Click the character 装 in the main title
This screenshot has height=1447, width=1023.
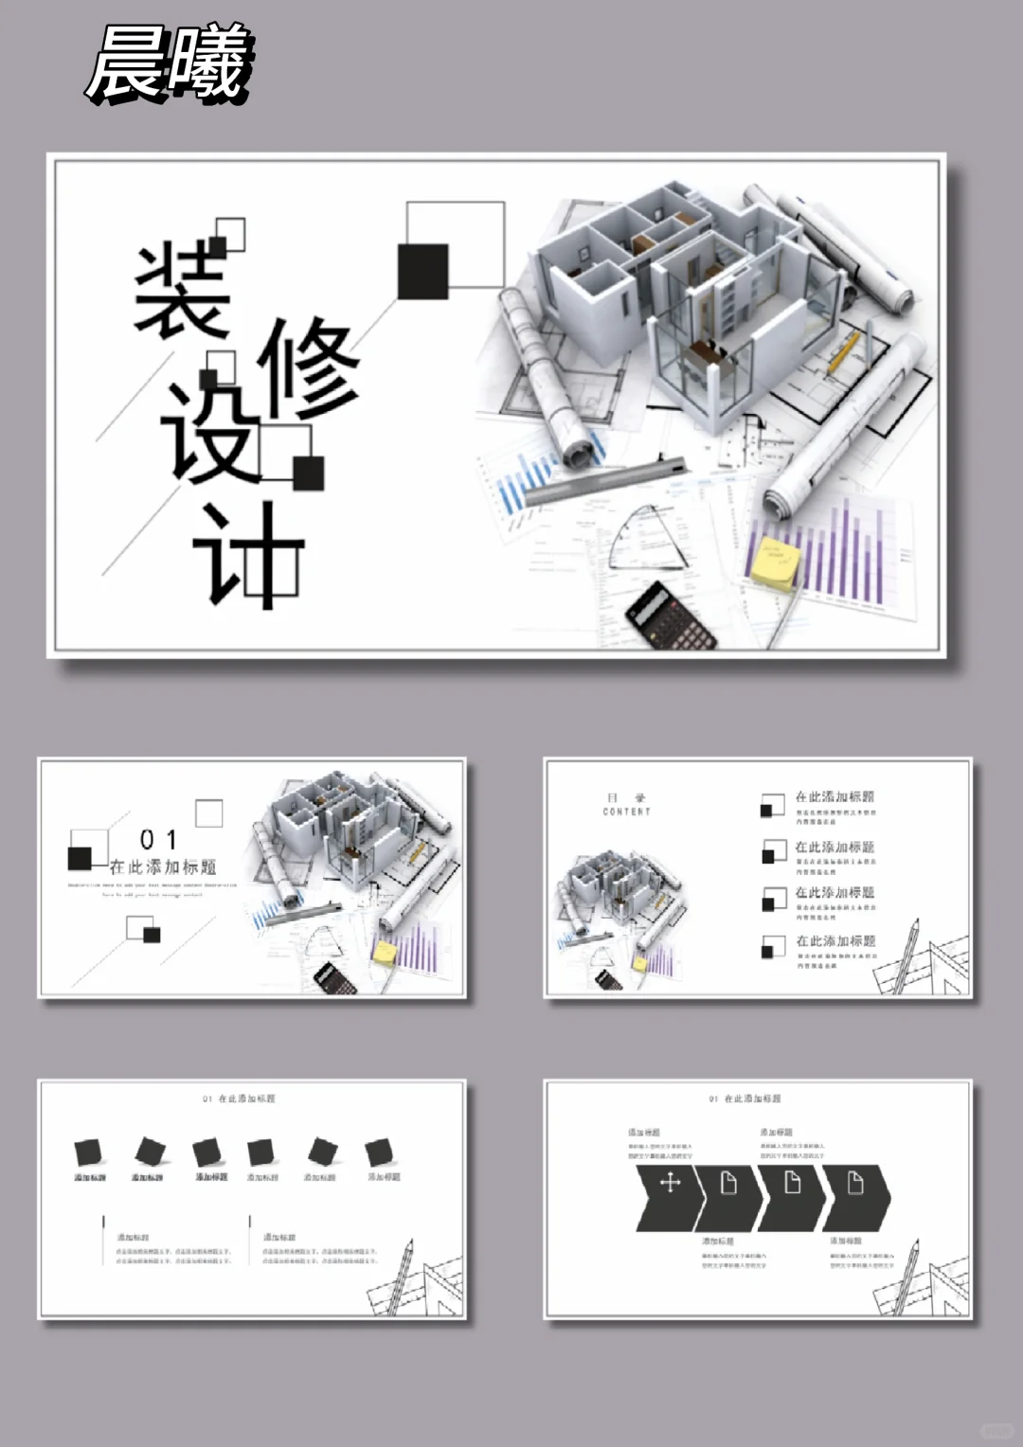(182, 292)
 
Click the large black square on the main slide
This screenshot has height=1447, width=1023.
(422, 272)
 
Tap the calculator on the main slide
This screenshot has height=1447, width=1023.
(671, 616)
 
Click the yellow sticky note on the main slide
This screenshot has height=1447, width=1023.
(774, 564)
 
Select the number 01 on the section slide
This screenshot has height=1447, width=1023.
(158, 840)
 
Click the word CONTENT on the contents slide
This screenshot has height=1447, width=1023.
(626, 812)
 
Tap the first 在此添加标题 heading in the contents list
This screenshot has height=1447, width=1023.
(835, 796)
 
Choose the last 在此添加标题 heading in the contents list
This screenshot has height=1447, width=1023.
(835, 940)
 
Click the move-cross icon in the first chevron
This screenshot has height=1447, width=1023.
(670, 1183)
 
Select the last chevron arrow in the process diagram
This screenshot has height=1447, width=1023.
(856, 1198)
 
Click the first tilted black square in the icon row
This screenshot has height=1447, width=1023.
(89, 1152)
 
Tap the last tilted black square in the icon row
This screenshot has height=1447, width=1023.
(380, 1152)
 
